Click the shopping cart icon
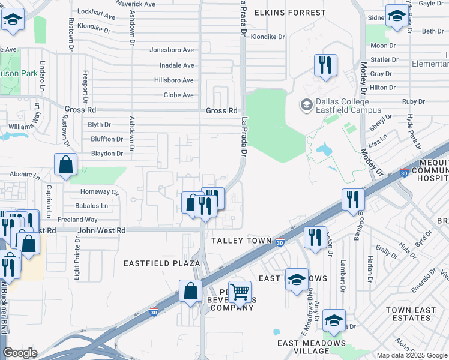(x=240, y=292)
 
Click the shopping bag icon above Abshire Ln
(x=65, y=164)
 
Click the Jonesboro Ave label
(x=172, y=50)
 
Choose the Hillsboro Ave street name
(x=174, y=80)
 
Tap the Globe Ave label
(x=179, y=95)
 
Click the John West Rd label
(x=101, y=230)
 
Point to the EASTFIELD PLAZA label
(x=161, y=263)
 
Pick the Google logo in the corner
(x=20, y=353)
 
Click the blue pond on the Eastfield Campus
(x=328, y=149)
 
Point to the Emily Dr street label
(x=382, y=249)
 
